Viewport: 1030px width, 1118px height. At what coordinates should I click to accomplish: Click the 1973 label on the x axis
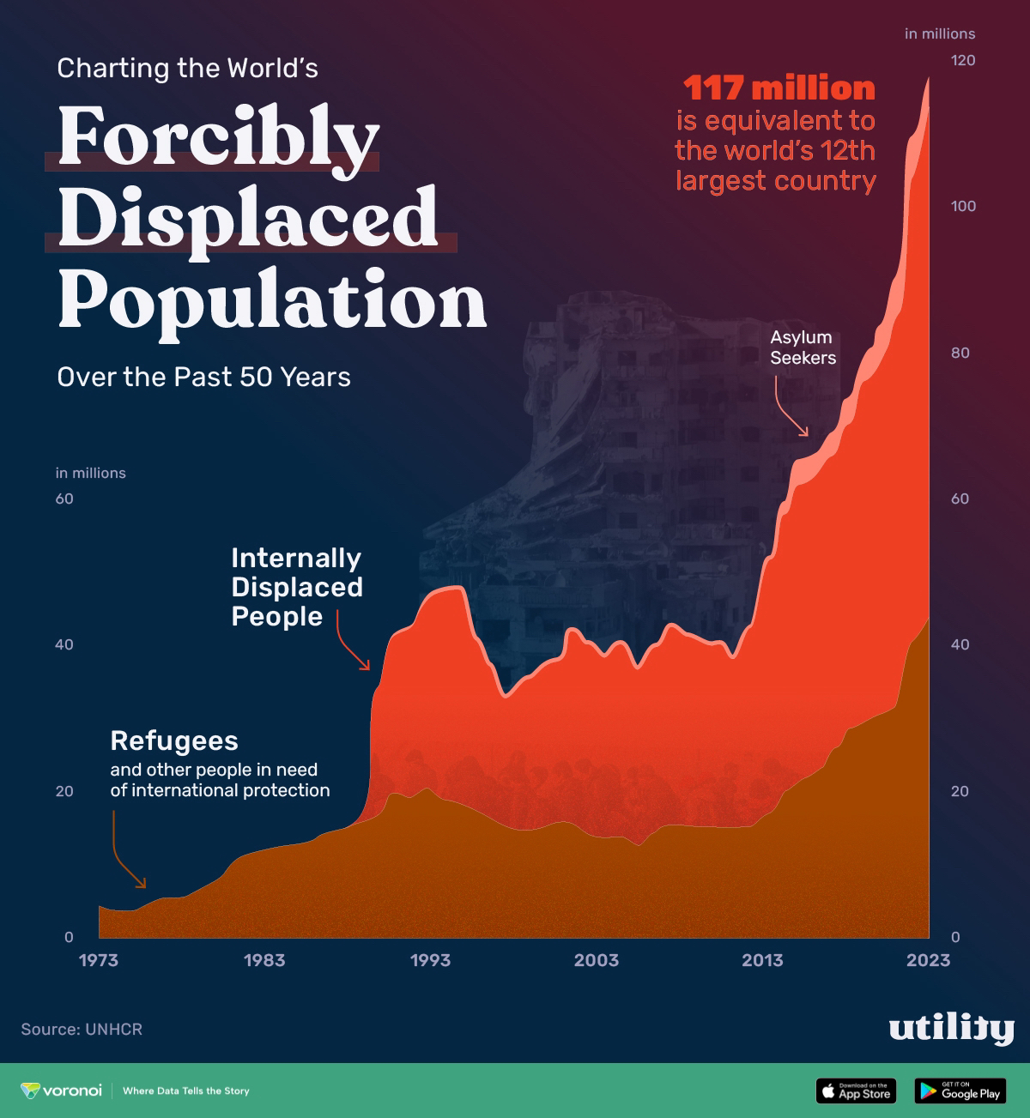(98, 960)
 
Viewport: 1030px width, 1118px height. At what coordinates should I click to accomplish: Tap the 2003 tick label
(596, 960)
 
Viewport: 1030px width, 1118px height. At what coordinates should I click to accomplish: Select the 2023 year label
(928, 960)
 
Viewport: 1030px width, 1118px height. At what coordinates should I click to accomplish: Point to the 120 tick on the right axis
(962, 60)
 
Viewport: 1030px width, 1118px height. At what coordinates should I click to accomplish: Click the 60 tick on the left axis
(64, 499)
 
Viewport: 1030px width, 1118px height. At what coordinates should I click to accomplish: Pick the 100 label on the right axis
(962, 206)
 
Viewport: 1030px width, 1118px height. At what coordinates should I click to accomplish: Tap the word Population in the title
(272, 300)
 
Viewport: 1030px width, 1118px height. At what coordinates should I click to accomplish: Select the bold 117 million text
(779, 88)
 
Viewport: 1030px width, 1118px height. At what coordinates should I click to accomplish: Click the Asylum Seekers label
(802, 347)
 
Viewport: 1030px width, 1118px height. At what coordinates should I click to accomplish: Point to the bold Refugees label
(174, 740)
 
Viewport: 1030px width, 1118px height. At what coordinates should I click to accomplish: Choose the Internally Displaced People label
(296, 587)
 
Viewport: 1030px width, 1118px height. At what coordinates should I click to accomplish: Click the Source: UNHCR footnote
(82, 1029)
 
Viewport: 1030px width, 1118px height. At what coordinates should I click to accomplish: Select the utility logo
(951, 1029)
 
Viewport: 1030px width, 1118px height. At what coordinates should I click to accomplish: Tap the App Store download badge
(855, 1091)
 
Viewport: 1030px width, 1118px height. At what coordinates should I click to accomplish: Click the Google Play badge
(960, 1091)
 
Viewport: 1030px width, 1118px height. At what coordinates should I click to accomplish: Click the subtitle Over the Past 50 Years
(203, 378)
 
